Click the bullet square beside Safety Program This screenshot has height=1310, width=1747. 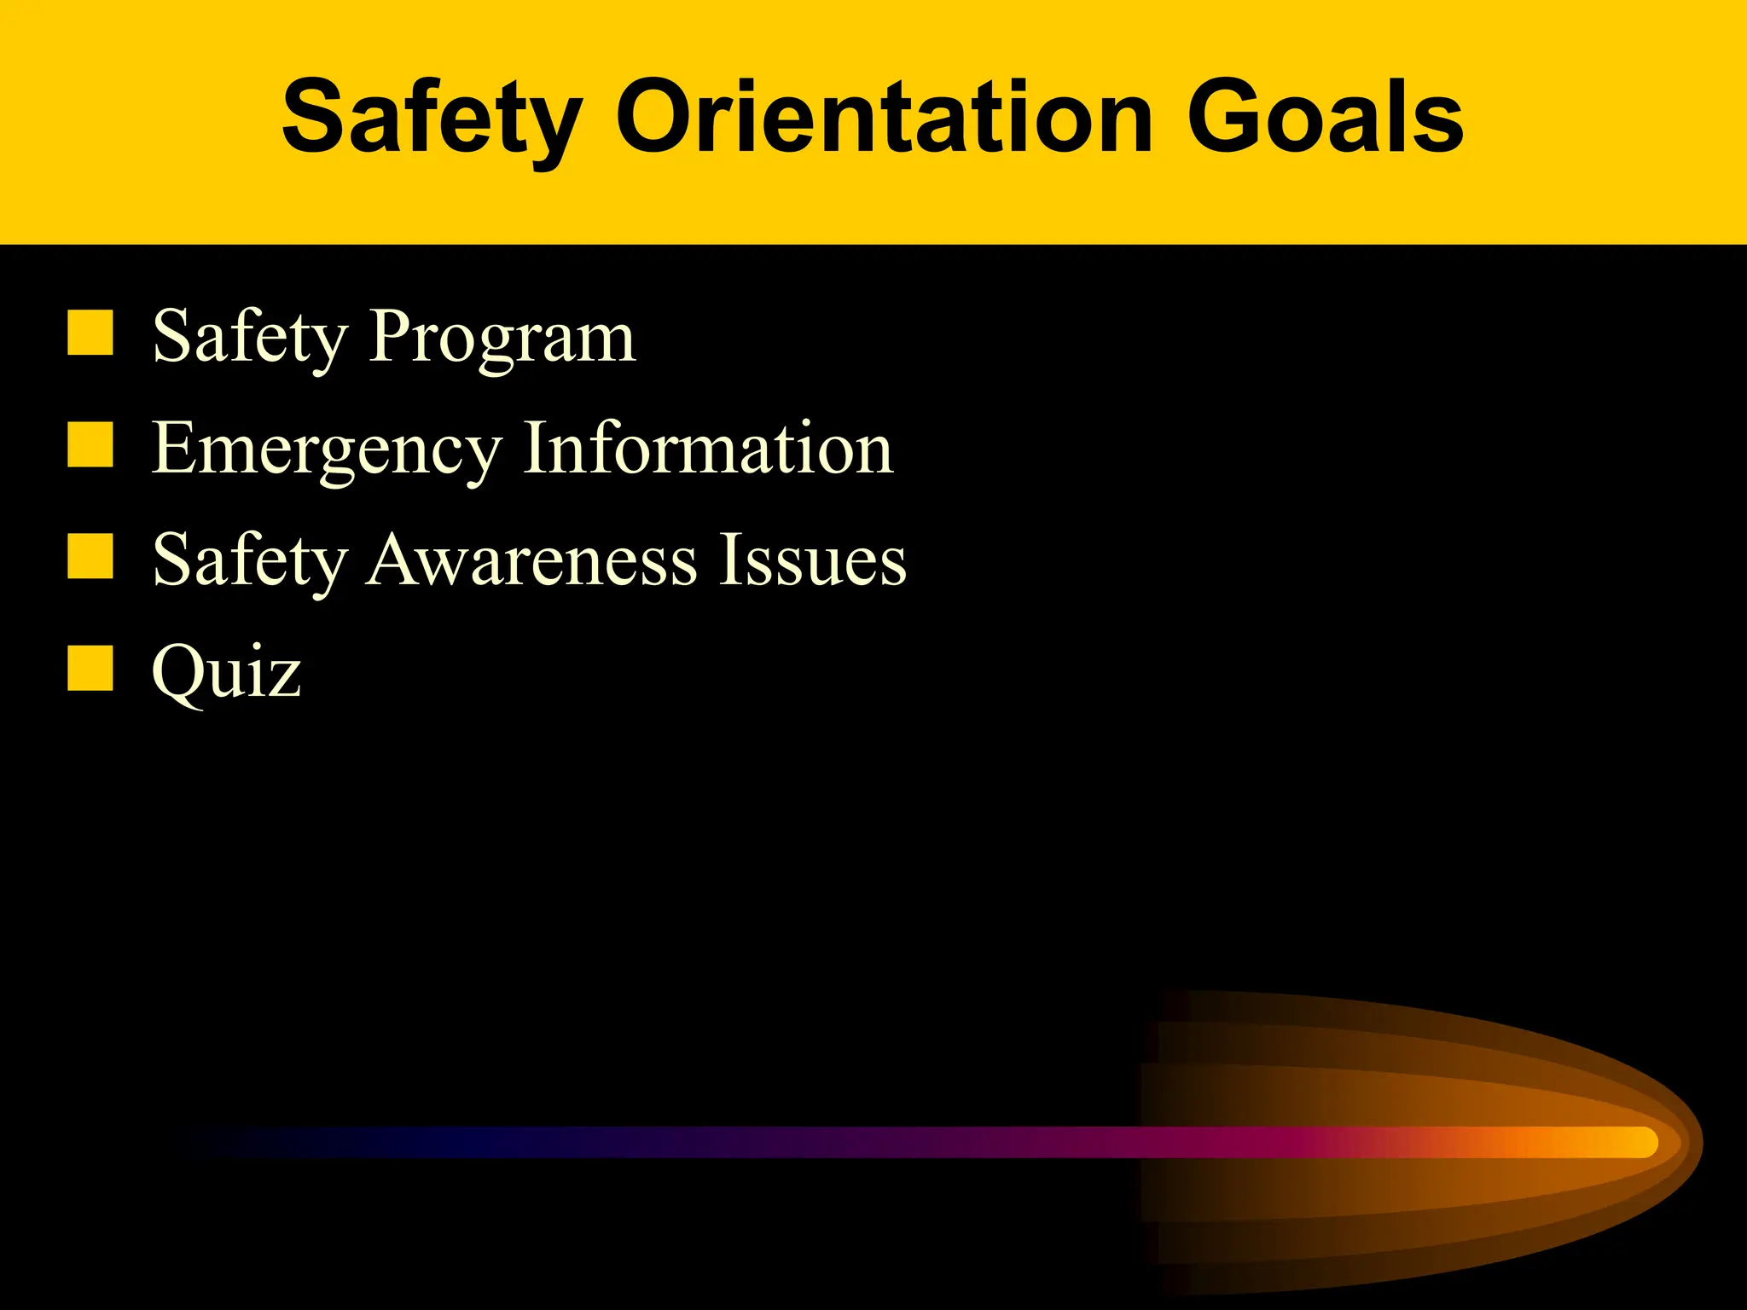[x=90, y=333]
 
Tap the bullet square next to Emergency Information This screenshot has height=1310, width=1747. [x=90, y=444]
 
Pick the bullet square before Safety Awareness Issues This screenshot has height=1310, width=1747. [x=90, y=556]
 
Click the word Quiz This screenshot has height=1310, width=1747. [x=226, y=673]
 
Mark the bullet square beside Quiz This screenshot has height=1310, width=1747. [x=90, y=668]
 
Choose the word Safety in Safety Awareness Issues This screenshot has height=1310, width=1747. [x=249, y=562]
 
